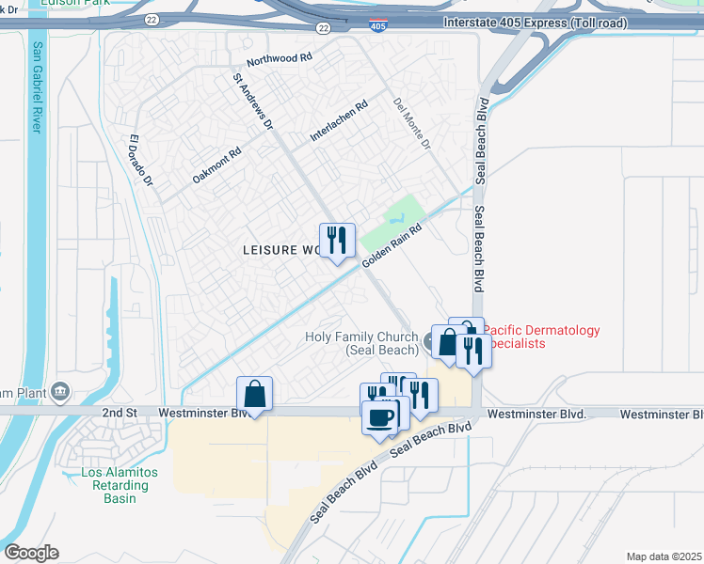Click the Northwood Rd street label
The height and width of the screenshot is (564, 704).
280,58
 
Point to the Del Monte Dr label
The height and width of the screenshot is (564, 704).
411,124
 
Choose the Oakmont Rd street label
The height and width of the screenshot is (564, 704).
217,165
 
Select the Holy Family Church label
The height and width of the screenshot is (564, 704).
361,343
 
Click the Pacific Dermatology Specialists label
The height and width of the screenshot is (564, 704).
542,337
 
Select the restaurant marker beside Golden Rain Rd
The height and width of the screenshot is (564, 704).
337,241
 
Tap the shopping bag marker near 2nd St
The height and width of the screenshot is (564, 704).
255,395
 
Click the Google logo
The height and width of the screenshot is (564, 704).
31,553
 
